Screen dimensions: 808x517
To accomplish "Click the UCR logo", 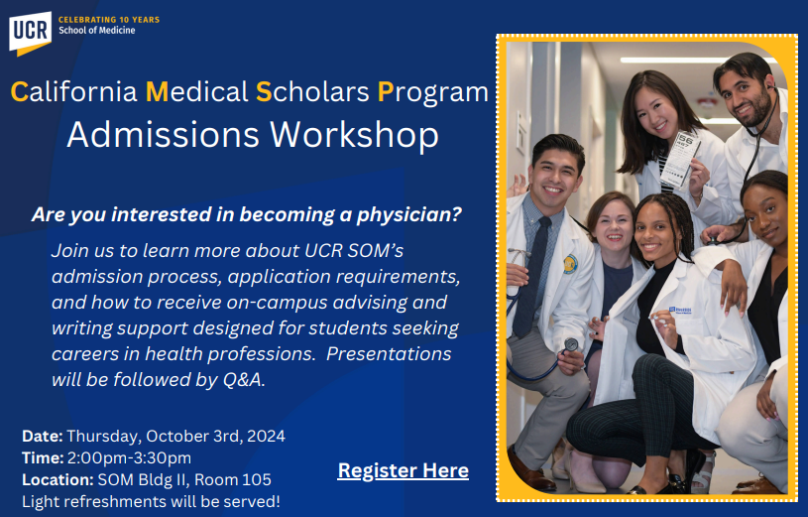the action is click(x=30, y=33).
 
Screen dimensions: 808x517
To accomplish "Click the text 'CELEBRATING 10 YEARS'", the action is click(x=109, y=20).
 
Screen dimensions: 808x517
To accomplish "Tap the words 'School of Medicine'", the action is click(x=97, y=31).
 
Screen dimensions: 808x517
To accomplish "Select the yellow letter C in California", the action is click(x=20, y=92).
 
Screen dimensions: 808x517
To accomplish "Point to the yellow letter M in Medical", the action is click(x=158, y=92).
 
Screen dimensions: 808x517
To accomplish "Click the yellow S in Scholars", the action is click(x=264, y=92).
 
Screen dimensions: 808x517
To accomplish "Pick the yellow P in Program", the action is click(x=386, y=92).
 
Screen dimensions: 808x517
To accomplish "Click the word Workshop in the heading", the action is click(x=355, y=136).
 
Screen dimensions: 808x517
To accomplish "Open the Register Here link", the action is click(x=403, y=470).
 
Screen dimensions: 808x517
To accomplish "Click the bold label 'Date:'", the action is click(x=43, y=436).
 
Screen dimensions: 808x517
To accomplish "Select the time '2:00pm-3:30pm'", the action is click(x=129, y=457).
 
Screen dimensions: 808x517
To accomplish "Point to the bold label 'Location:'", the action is click(x=58, y=480).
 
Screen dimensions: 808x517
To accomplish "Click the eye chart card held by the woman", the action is click(x=681, y=159).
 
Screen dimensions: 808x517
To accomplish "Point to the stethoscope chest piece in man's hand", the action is click(x=571, y=344).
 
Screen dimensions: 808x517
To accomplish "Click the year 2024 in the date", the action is click(x=266, y=436).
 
